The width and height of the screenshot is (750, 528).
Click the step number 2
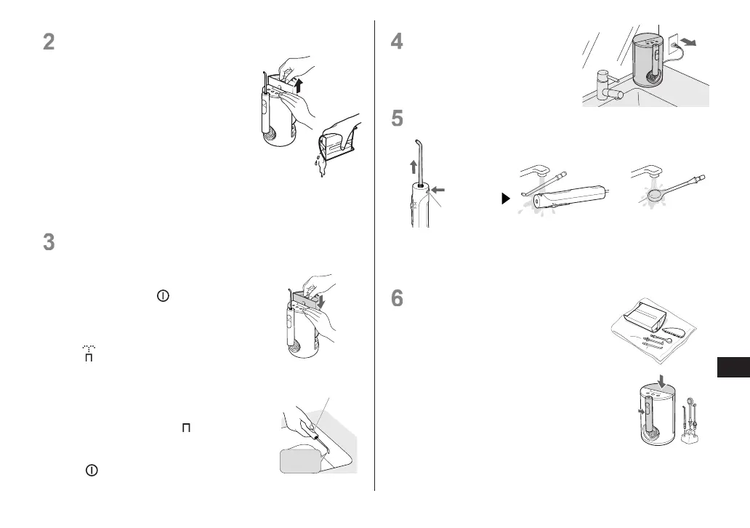(x=49, y=42)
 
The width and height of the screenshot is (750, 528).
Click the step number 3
(x=49, y=241)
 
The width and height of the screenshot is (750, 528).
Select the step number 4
(x=397, y=42)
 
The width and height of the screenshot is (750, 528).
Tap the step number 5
(x=397, y=118)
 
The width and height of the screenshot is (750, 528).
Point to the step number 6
(x=397, y=300)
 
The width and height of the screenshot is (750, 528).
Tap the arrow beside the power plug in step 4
(x=690, y=43)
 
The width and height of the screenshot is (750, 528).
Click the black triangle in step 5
(x=507, y=198)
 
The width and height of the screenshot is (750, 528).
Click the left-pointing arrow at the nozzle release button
(x=438, y=191)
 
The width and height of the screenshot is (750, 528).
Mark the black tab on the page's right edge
(x=733, y=367)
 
